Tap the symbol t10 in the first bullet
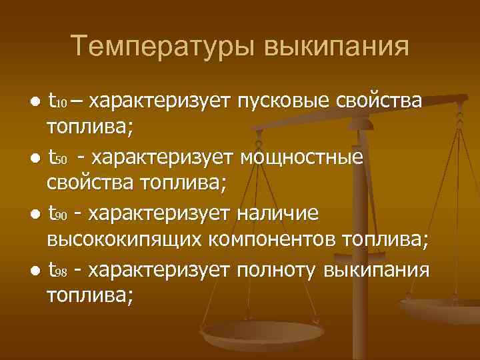coord(57,103)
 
